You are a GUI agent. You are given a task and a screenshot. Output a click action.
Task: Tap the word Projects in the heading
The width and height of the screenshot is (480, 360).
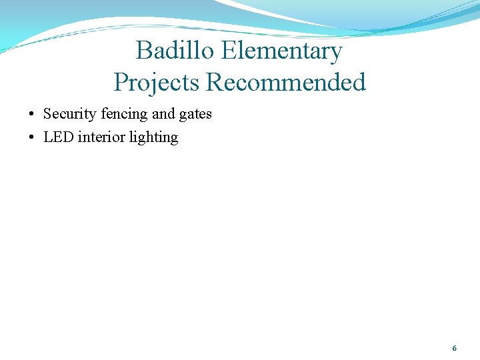(157, 83)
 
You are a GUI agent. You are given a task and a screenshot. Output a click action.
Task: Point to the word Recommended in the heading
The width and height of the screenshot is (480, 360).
(286, 83)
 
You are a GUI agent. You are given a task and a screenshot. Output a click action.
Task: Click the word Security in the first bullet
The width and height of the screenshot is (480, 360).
(70, 114)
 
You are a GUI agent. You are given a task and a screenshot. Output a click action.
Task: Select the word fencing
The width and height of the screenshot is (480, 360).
(125, 114)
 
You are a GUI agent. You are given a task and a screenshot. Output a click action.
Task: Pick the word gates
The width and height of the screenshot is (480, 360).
(195, 115)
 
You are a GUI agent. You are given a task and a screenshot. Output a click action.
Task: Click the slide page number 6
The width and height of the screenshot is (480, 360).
(454, 349)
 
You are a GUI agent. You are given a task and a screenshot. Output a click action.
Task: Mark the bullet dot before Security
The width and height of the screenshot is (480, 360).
(32, 115)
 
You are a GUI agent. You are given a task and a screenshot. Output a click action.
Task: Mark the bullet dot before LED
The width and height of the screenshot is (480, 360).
(32, 138)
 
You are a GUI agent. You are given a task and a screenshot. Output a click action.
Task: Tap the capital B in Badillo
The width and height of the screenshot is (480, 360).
(143, 51)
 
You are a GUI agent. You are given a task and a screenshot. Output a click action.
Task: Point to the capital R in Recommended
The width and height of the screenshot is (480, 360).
(215, 83)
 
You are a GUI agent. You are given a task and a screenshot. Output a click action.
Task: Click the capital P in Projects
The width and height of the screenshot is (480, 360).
(121, 83)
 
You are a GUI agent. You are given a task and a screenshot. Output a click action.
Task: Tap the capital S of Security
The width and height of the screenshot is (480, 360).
(47, 114)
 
